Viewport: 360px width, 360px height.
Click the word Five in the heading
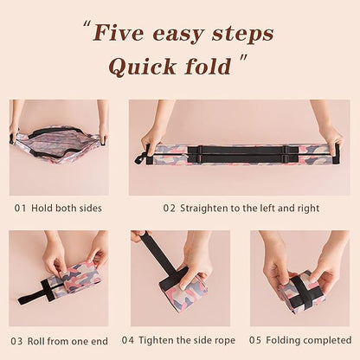point(120,35)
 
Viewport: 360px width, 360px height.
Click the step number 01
point(20,209)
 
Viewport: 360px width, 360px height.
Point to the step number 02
point(170,209)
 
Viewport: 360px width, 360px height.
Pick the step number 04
point(128,340)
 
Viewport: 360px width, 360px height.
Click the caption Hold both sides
point(67,209)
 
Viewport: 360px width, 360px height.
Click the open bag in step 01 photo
point(58,144)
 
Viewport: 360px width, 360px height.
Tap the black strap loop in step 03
point(35,295)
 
